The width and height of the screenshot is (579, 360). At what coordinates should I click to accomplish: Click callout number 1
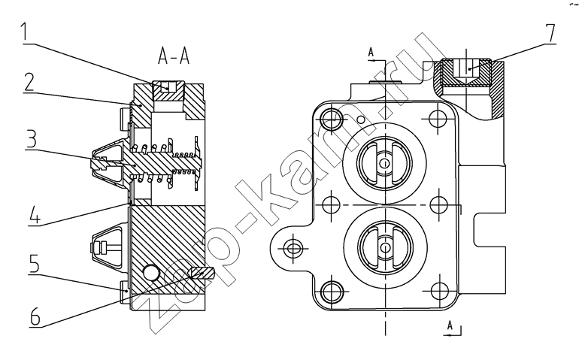coord(24,32)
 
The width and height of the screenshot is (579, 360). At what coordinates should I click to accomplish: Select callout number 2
coord(29,82)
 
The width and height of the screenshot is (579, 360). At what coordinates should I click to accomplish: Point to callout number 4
coord(35,213)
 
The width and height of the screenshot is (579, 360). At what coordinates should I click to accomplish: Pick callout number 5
coord(34,263)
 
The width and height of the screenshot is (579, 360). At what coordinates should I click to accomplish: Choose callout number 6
coord(35,316)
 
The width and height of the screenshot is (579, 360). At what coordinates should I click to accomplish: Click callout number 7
coord(550,33)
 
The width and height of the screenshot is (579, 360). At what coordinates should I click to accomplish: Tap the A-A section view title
coord(174,56)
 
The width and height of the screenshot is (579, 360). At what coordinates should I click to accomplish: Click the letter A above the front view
coord(371,53)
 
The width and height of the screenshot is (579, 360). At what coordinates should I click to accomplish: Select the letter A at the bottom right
coord(450,325)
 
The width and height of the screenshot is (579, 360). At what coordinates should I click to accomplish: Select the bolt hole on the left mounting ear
coord(293,248)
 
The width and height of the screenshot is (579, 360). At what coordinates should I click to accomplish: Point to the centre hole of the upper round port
coord(385,163)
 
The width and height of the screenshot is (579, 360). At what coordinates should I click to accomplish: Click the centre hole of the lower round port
coord(385,247)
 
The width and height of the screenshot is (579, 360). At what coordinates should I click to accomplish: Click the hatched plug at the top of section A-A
coord(168,90)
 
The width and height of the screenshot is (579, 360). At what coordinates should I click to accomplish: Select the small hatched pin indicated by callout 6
coord(202,274)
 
